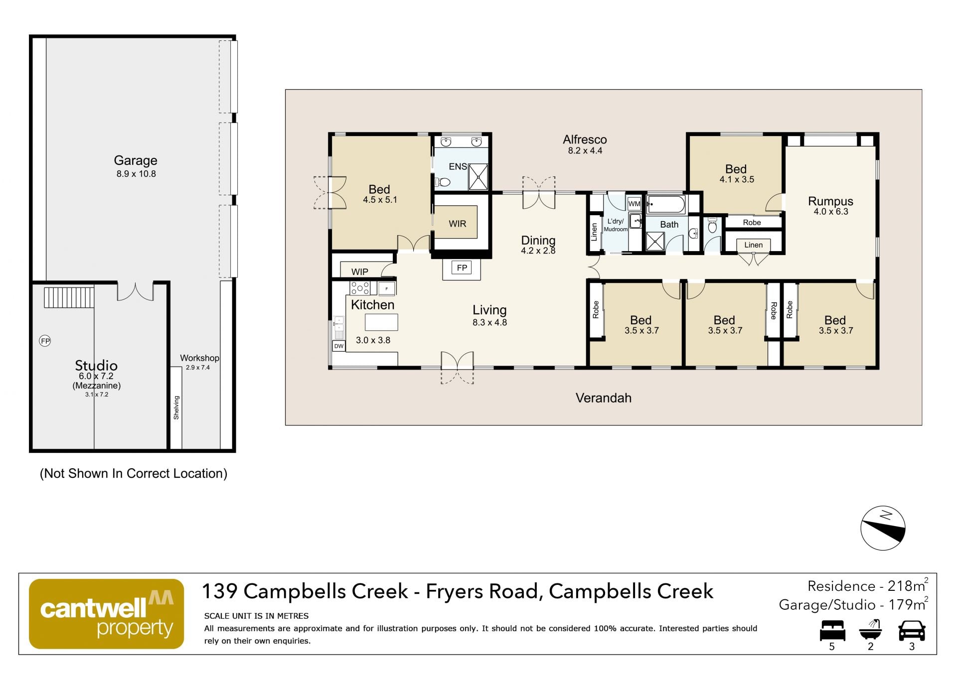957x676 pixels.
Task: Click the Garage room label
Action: (x=136, y=160)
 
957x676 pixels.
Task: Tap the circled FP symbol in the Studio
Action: (x=45, y=341)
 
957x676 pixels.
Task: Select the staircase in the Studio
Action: (x=69, y=297)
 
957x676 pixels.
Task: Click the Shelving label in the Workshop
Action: (x=176, y=407)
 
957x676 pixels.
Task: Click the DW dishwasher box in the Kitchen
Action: (x=339, y=346)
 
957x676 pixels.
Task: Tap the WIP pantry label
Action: (x=360, y=272)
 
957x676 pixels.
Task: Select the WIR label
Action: (x=457, y=224)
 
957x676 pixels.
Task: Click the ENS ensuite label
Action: (x=458, y=166)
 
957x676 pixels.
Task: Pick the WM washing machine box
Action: (x=634, y=204)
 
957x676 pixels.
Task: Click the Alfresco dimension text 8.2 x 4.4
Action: (x=585, y=151)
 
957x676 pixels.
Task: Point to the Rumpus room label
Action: (x=830, y=201)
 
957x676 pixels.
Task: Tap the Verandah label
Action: (x=604, y=398)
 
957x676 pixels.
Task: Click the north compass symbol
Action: (x=883, y=529)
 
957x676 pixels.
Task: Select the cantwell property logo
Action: (x=107, y=614)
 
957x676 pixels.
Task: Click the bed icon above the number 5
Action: (x=832, y=630)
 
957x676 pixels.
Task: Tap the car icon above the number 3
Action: (x=912, y=630)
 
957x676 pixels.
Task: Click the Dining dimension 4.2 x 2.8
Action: (x=538, y=251)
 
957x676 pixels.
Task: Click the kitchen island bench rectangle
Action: (x=381, y=322)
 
